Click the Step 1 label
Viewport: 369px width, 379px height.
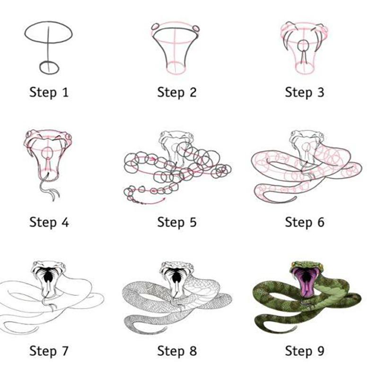tap(49, 93)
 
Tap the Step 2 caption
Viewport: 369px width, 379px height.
tap(177, 93)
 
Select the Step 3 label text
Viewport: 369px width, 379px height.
tap(305, 93)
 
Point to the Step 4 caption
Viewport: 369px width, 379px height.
tap(49, 222)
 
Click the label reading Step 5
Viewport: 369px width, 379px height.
tap(177, 222)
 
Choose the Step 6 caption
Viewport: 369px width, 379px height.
tap(305, 222)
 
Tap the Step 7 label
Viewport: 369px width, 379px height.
tap(49, 351)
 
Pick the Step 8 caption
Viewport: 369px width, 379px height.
tap(177, 351)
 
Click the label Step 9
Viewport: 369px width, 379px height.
tap(305, 351)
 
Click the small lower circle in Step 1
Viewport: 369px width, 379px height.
tap(40, 69)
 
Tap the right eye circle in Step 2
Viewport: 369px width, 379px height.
tap(196, 28)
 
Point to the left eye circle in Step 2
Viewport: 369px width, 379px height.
tap(156, 27)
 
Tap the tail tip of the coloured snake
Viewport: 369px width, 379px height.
tap(296, 327)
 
